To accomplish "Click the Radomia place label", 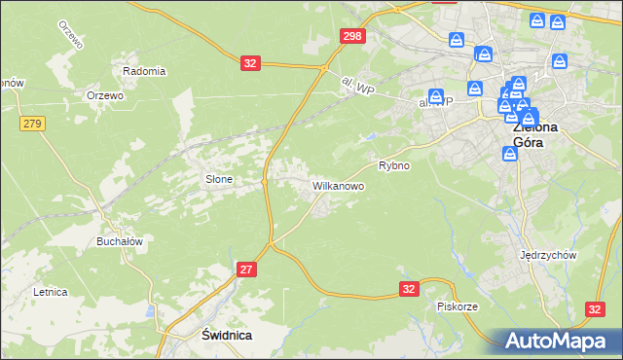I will [x=144, y=71].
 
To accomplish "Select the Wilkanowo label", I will [x=338, y=184].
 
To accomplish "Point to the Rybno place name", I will [x=394, y=165].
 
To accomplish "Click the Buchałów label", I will [x=120, y=241].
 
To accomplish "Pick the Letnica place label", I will [x=50, y=291].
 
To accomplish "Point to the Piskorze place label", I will [x=457, y=306].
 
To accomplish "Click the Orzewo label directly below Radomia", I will [x=104, y=95].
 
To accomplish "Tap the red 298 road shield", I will [x=352, y=36].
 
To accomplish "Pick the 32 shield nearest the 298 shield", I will [x=251, y=63].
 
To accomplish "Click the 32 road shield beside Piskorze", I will [x=409, y=289].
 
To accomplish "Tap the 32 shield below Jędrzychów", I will [x=596, y=308].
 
